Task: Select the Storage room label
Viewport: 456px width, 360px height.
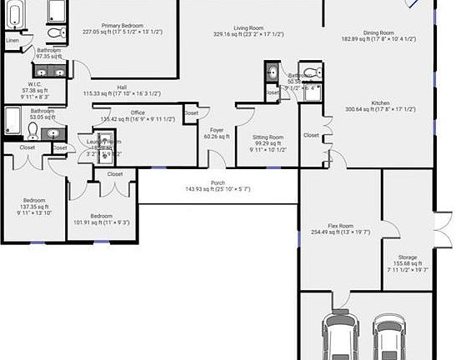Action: [x=407, y=258]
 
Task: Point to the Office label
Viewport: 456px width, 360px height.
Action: [x=138, y=112]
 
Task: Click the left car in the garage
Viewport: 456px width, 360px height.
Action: [x=340, y=337]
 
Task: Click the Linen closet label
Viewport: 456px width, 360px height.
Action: [x=13, y=40]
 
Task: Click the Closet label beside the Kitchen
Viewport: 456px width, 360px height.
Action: [x=311, y=135]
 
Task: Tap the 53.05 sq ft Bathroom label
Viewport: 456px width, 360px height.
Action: [x=43, y=111]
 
